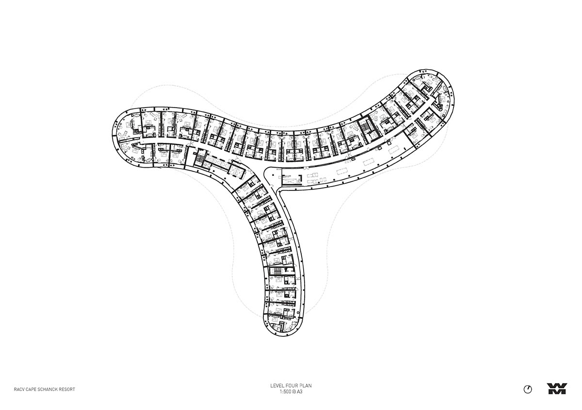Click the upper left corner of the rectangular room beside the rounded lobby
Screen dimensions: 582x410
(282, 168)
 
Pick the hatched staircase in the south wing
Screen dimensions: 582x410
(275, 271)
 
